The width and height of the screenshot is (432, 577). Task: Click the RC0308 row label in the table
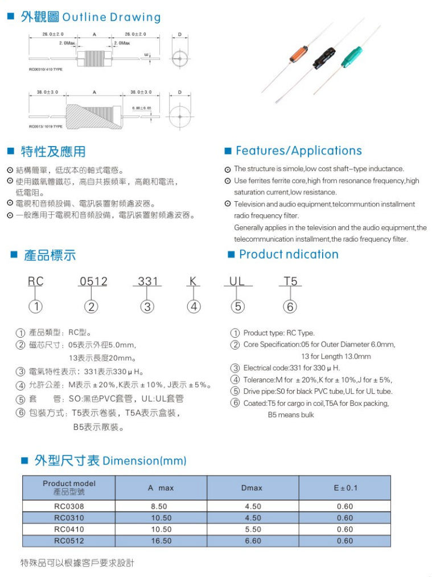(69, 507)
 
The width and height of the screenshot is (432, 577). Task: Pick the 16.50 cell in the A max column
(161, 541)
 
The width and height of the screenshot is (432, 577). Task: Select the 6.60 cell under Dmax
(253, 541)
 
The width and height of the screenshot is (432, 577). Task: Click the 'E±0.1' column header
(345, 488)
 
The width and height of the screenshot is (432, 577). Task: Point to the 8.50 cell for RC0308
(161, 507)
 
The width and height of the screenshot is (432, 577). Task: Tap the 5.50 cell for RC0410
(253, 529)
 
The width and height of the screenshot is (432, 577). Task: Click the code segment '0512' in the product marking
(93, 282)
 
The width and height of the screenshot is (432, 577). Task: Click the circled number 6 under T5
(290, 306)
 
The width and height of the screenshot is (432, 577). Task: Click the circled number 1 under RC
(36, 306)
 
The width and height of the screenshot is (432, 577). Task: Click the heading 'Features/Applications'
(298, 151)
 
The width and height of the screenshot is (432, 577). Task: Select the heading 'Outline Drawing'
(111, 18)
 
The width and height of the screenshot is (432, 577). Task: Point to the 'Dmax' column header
(253, 488)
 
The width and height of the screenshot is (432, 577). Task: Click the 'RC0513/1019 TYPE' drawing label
(46, 127)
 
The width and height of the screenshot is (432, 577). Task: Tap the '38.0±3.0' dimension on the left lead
(47, 92)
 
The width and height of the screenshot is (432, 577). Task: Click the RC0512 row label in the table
(69, 541)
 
